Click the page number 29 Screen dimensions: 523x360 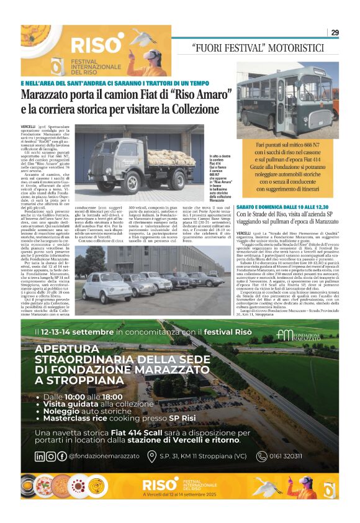[335, 33]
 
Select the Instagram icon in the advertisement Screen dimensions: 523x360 [50, 457]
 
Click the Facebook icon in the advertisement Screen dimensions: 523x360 [61, 457]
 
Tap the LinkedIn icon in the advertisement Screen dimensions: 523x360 [40, 457]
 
